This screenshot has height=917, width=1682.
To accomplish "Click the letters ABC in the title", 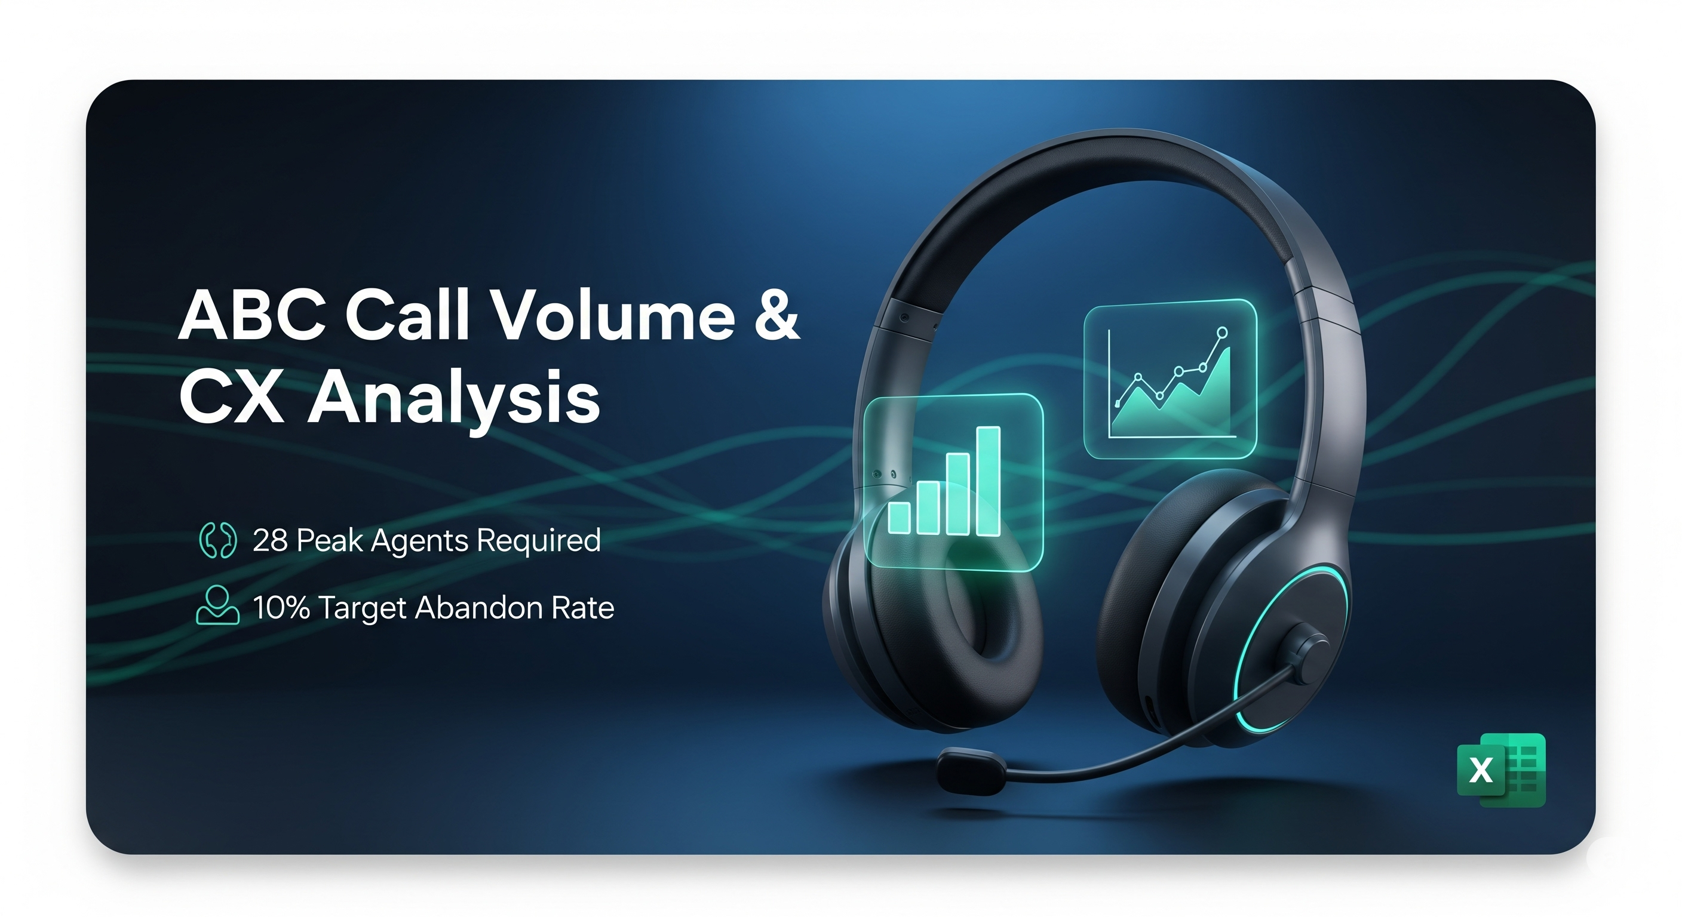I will point(252,316).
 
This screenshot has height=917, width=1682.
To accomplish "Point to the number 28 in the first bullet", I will point(269,540).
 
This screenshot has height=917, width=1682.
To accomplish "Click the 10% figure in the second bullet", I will point(281,608).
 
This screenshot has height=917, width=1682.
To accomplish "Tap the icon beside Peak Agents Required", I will point(217,540).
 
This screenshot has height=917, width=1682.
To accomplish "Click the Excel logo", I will point(1500,770).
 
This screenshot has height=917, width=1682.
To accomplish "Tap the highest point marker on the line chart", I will point(1222,333).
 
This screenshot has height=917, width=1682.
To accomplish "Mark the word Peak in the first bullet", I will point(329,540).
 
